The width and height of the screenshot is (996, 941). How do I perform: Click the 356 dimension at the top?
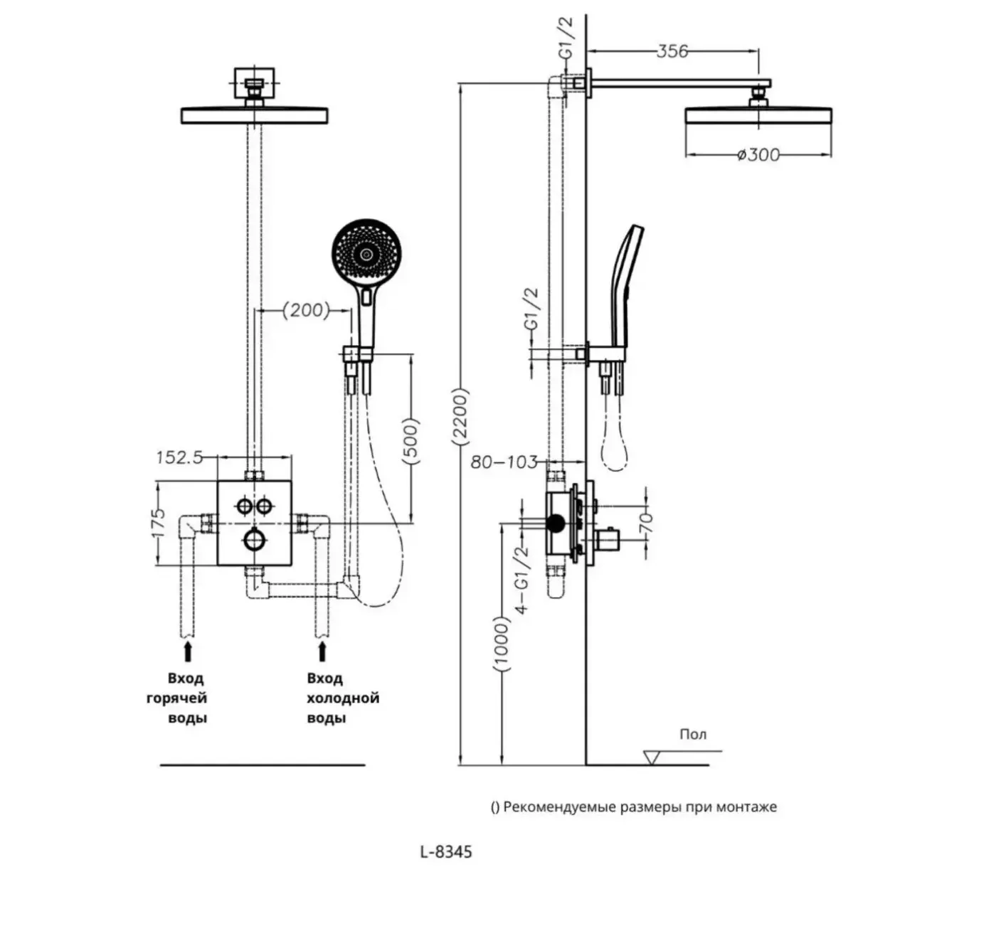[x=672, y=51]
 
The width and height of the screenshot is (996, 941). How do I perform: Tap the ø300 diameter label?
[x=758, y=155]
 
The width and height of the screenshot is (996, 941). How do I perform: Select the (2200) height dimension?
[x=460, y=416]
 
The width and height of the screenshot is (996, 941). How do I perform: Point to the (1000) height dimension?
[x=502, y=644]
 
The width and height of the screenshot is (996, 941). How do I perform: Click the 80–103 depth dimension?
[x=504, y=462]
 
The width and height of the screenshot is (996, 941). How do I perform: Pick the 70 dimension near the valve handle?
[x=647, y=523]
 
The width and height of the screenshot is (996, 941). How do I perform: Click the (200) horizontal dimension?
[x=306, y=310]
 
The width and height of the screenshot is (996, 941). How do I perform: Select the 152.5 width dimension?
[x=179, y=457]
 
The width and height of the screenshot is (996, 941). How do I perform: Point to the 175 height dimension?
[x=158, y=523]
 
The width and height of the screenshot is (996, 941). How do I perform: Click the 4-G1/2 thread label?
[x=522, y=580]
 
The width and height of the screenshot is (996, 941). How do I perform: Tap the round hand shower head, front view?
[x=366, y=255]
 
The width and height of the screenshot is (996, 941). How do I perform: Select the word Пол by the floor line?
[x=693, y=734]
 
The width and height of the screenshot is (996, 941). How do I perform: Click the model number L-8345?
[x=446, y=851]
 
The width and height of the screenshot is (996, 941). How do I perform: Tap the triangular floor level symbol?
[x=652, y=757]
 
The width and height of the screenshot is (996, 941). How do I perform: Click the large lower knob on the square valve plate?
[x=254, y=540]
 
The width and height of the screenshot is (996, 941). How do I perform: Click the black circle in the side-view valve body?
[x=555, y=523]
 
